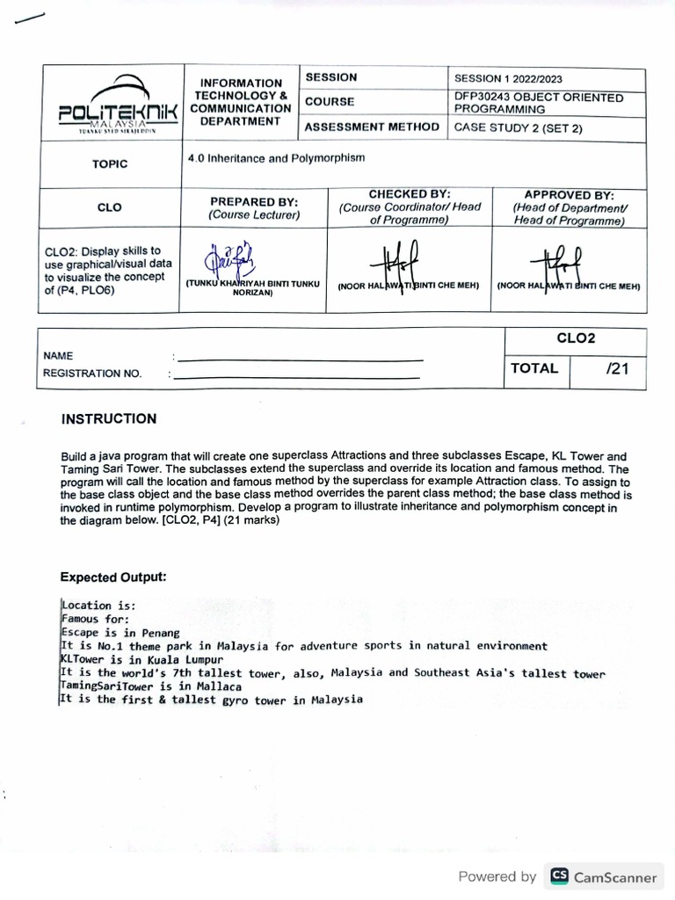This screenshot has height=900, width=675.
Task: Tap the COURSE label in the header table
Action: pos(330,102)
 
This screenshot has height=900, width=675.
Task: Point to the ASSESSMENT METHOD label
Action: pos(372,127)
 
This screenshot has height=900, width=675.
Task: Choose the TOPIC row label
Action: pos(110,164)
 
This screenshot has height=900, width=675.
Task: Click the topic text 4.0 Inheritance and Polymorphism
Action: pos(277,158)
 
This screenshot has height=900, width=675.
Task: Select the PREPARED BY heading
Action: pos(254,201)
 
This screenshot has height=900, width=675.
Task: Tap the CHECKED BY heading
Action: pos(410,194)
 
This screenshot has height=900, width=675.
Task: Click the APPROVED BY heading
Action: pos(569,195)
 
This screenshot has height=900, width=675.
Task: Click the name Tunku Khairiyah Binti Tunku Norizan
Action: pos(253,288)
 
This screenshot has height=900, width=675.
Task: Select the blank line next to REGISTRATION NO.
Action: pos(296,377)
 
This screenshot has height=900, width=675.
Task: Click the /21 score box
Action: pos(618,369)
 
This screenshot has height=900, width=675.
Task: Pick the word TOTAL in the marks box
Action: pos(534,369)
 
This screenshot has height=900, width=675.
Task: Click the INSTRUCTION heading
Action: pos(109,419)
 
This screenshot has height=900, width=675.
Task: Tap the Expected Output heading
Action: pos(112,577)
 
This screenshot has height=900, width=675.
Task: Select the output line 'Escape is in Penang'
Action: pos(120,632)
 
